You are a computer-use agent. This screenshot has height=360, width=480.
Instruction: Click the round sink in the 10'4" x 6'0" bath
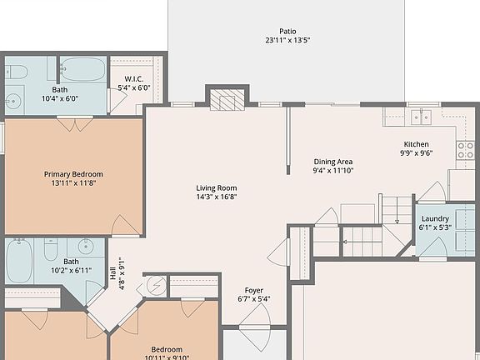coord(12,101)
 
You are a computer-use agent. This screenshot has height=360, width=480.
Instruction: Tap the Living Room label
coord(217,192)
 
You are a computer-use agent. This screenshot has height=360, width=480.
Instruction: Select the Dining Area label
coord(333,166)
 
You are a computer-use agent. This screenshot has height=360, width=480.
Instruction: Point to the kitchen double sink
coord(416,117)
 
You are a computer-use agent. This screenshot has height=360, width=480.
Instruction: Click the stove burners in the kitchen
coord(464,152)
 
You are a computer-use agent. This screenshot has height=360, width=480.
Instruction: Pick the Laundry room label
coord(435,222)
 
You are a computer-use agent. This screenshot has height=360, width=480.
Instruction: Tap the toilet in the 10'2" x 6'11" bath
coord(49,248)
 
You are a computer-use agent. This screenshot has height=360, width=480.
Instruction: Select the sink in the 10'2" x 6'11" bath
coord(85,247)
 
